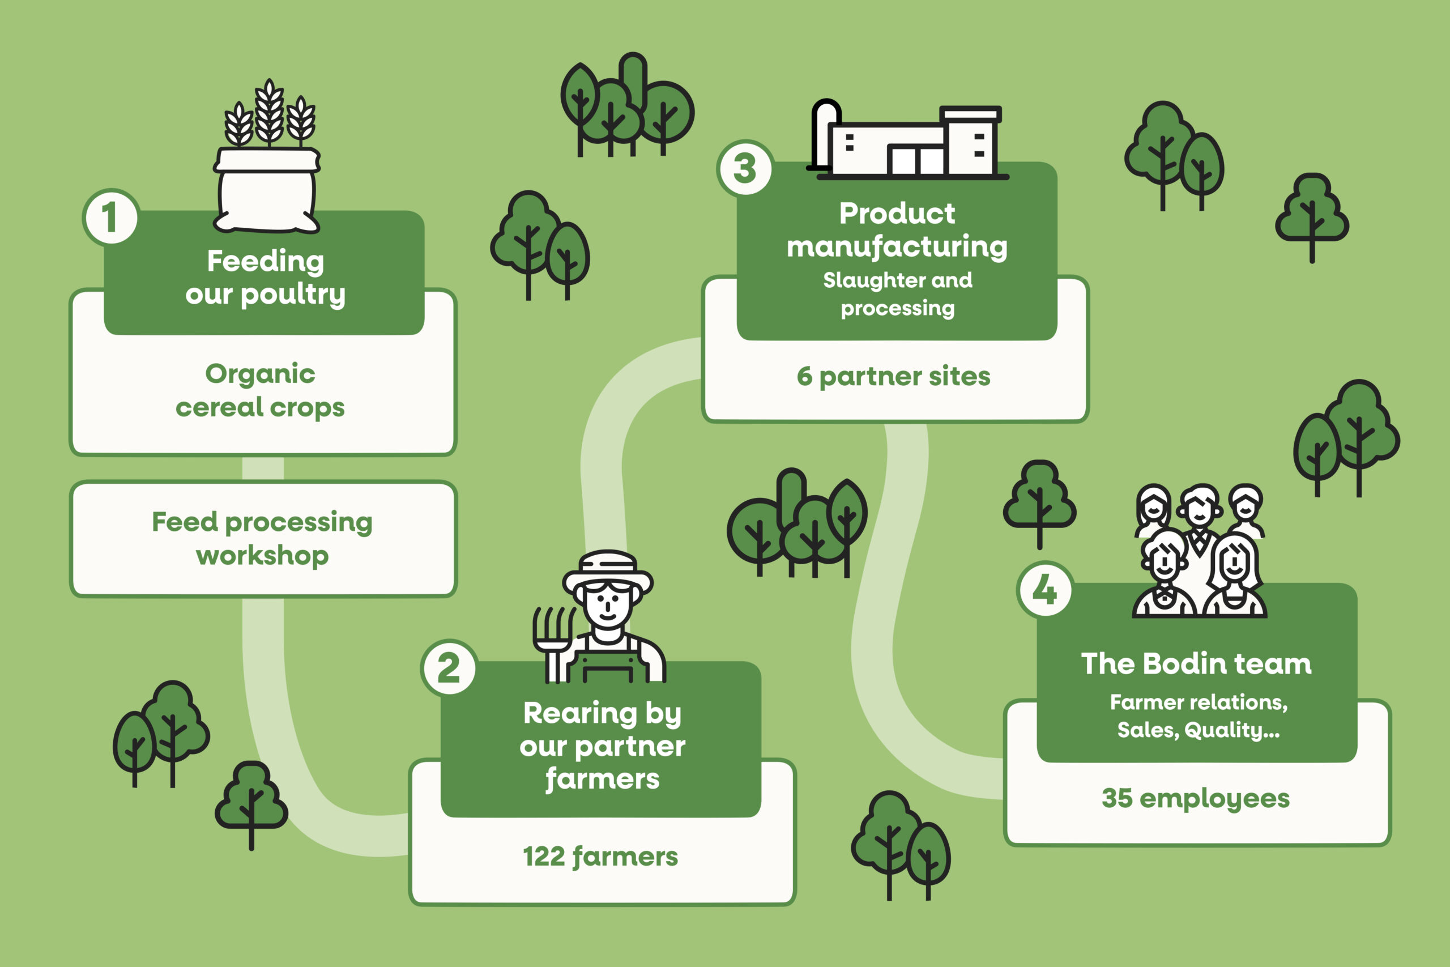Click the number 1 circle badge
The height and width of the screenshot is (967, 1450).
pyautogui.click(x=110, y=217)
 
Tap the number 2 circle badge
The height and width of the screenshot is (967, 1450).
pyautogui.click(x=449, y=667)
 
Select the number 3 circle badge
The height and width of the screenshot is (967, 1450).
pyautogui.click(x=745, y=168)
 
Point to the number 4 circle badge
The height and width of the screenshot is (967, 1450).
pyautogui.click(x=1044, y=590)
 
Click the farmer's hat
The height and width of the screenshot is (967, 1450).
pyautogui.click(x=608, y=570)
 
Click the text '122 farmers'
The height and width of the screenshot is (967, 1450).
pyautogui.click(x=600, y=857)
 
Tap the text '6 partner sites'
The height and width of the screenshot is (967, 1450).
pyautogui.click(x=893, y=376)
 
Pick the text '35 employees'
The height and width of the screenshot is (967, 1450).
pyautogui.click(x=1195, y=798)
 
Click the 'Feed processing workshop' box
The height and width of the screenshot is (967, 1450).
pyautogui.click(x=263, y=539)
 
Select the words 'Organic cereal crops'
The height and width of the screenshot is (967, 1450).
pyautogui.click(x=260, y=390)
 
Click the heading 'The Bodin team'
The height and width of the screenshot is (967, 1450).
pyautogui.click(x=1196, y=664)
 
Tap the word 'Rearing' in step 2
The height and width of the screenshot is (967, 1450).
pyautogui.click(x=579, y=714)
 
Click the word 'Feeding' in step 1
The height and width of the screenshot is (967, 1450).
pyautogui.click(x=266, y=261)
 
